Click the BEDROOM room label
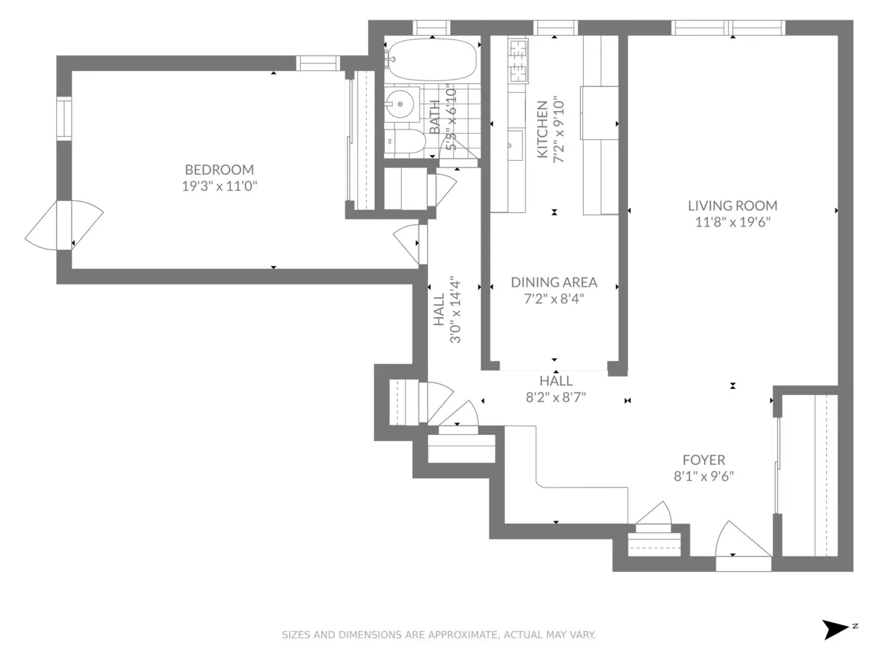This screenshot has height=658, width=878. [x=219, y=169]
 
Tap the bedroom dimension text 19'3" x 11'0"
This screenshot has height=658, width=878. [x=219, y=186]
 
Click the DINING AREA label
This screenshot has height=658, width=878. [x=554, y=282]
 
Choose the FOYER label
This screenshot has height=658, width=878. [x=704, y=460]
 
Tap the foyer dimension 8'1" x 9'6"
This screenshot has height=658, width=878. [x=704, y=477]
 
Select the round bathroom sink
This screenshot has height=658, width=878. [x=400, y=104]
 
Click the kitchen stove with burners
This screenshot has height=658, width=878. [x=518, y=60]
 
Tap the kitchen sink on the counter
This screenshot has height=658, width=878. [x=514, y=145]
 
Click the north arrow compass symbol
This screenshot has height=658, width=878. [x=836, y=629]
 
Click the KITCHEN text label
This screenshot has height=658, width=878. [x=542, y=129]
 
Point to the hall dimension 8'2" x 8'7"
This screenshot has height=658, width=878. [x=556, y=398]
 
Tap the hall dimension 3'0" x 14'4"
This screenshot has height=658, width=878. [x=454, y=310]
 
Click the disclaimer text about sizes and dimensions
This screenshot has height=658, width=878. [x=439, y=635]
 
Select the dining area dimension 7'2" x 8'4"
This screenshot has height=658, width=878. [x=554, y=299]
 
